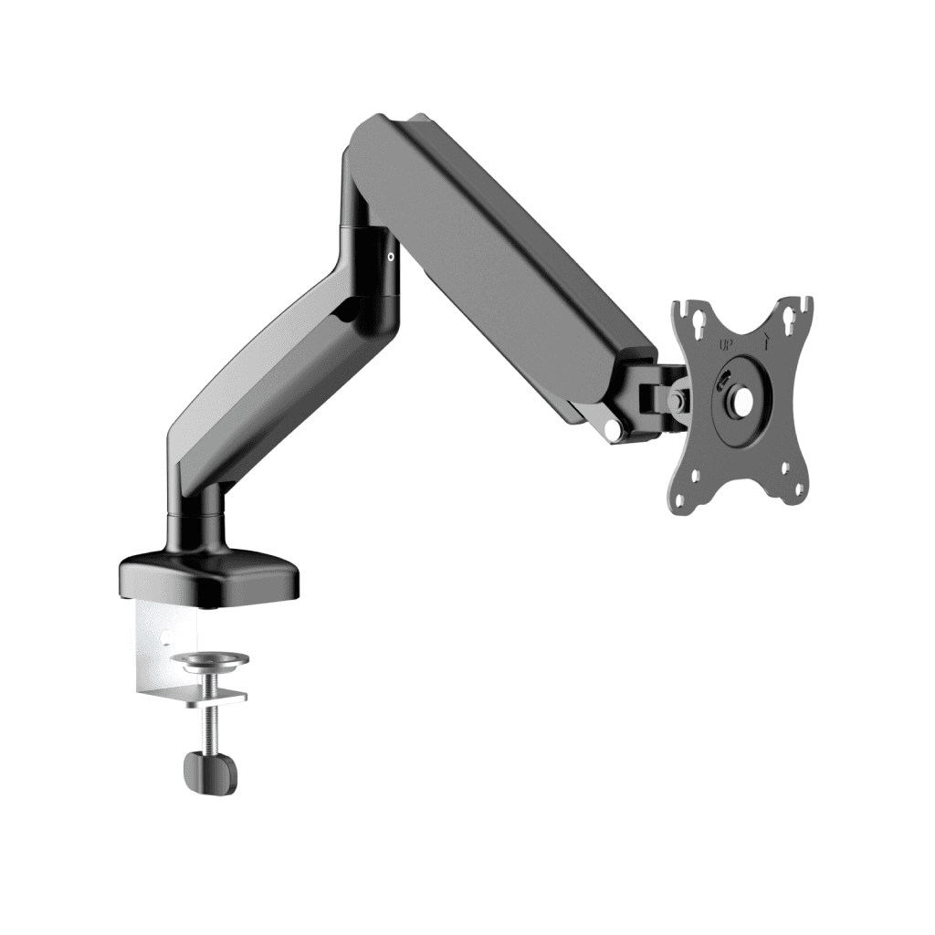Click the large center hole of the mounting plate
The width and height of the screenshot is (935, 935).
(742, 400)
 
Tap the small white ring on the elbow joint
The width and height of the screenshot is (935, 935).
(391, 257)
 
